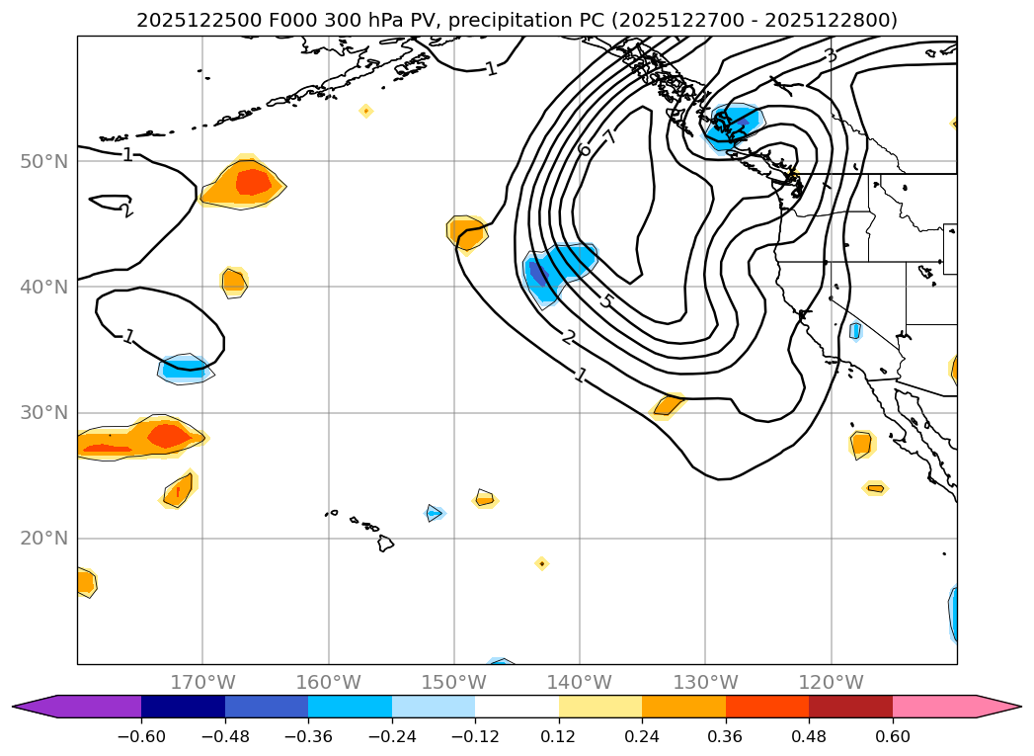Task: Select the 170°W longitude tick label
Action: (x=202, y=682)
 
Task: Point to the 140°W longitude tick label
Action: (x=580, y=682)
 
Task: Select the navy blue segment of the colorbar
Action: (x=183, y=706)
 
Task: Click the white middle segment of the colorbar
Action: (x=517, y=706)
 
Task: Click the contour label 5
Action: (x=606, y=300)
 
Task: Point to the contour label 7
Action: (x=610, y=137)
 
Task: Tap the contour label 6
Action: (x=585, y=149)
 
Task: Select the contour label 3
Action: (x=831, y=55)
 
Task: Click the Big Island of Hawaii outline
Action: (x=385, y=544)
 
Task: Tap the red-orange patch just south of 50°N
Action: (x=253, y=182)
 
